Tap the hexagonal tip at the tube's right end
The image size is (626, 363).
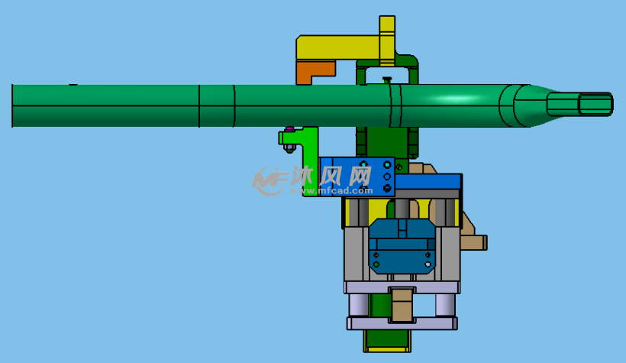click(595, 105)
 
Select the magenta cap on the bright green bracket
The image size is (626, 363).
click(289, 129)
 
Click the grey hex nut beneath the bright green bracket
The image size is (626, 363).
click(289, 149)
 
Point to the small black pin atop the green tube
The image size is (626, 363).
click(387, 79)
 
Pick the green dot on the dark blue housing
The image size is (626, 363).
click(376, 264)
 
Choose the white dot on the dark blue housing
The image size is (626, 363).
click(428, 264)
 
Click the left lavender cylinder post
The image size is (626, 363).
click(358, 306)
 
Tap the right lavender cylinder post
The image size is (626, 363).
click(445, 306)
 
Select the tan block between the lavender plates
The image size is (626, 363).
click(402, 305)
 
